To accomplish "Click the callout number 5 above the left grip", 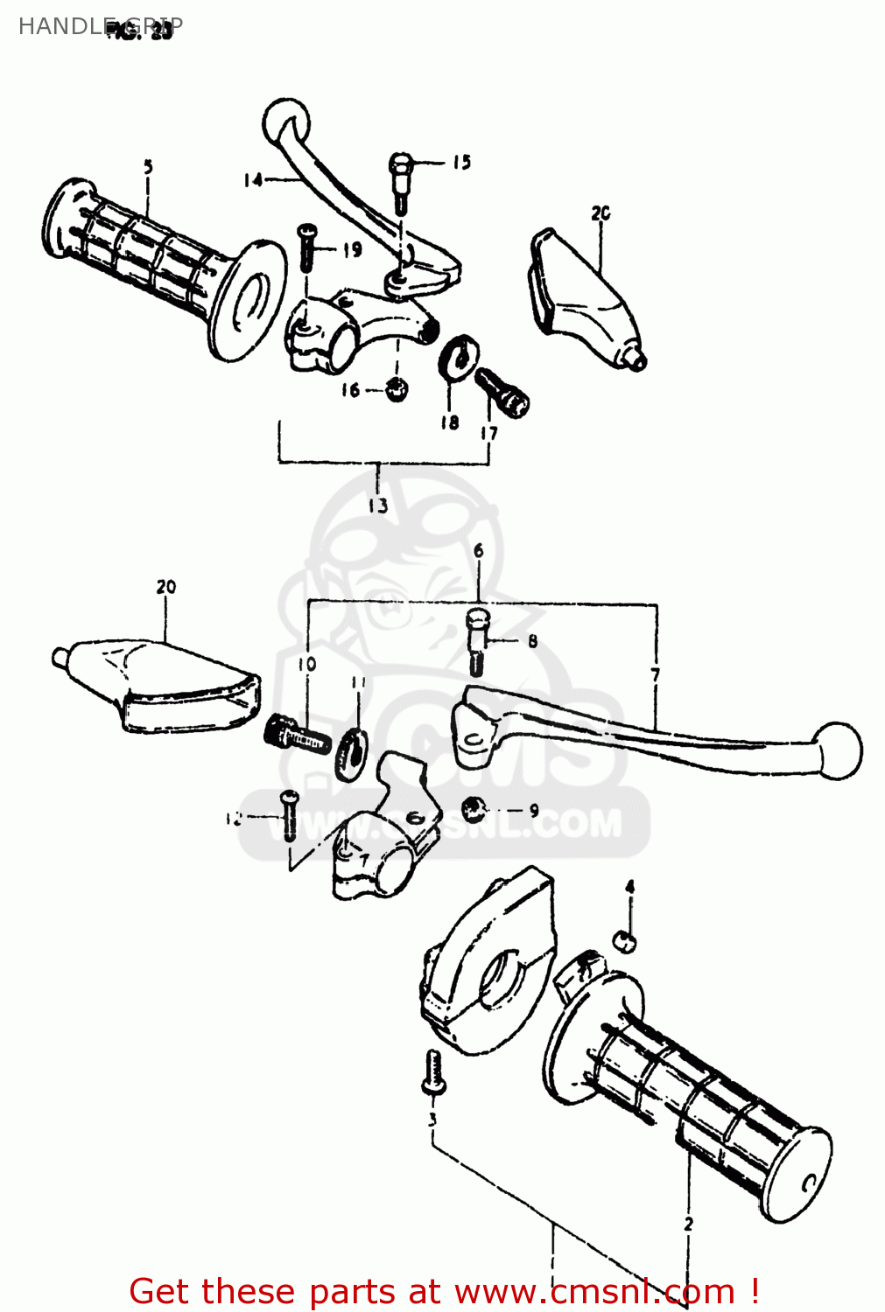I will click(x=148, y=166).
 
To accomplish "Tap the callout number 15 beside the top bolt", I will click(x=461, y=162).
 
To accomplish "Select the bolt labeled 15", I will click(x=400, y=180).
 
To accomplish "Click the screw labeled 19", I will click(x=306, y=248).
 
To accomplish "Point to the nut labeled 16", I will click(x=397, y=389).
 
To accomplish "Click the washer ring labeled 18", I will click(x=458, y=358).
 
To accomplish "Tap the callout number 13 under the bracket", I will click(x=377, y=506).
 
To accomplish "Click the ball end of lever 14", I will click(x=286, y=117).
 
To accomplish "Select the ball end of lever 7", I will click(x=838, y=750).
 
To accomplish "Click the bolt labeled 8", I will click(x=477, y=642).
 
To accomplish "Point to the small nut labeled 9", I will click(x=474, y=809).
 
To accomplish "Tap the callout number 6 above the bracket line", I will click(x=479, y=551).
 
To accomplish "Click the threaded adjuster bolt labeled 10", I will click(x=296, y=736).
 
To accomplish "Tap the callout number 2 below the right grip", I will click(x=688, y=1224).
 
